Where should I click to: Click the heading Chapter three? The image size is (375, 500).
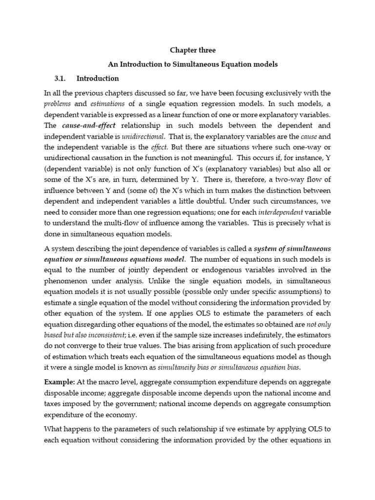click(192, 50)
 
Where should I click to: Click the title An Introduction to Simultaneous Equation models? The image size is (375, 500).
click(192, 64)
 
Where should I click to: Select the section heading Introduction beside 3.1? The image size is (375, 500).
click(98, 79)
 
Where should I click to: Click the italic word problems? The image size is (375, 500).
click(58, 104)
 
